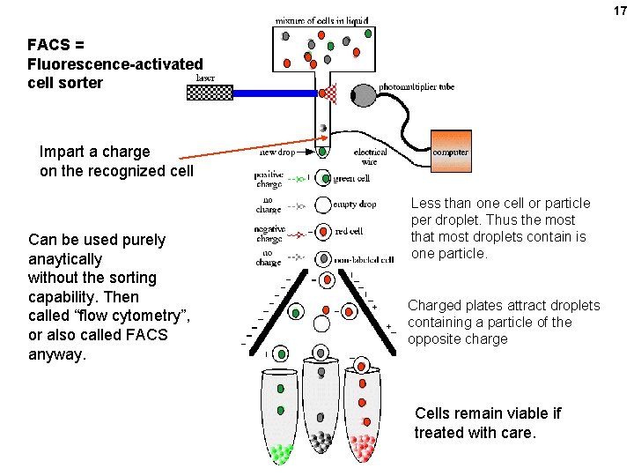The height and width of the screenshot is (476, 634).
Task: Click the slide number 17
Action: click(620, 10)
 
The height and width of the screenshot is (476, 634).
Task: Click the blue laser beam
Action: click(273, 92)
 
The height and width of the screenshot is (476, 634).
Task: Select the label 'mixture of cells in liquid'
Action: click(322, 19)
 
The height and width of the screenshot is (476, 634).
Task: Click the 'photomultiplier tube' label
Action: click(417, 86)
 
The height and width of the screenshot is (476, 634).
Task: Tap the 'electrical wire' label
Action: click(370, 157)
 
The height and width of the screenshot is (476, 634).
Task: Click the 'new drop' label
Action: click(278, 152)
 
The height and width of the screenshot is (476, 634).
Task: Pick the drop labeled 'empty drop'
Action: click(321, 205)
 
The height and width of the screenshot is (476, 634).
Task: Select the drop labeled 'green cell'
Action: click(321, 178)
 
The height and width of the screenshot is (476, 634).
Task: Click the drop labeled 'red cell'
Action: click(321, 232)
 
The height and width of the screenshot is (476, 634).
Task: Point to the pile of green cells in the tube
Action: click(281, 452)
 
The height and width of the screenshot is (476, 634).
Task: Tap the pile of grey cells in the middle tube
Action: click(321, 443)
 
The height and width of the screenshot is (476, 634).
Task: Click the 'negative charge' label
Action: click(269, 234)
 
